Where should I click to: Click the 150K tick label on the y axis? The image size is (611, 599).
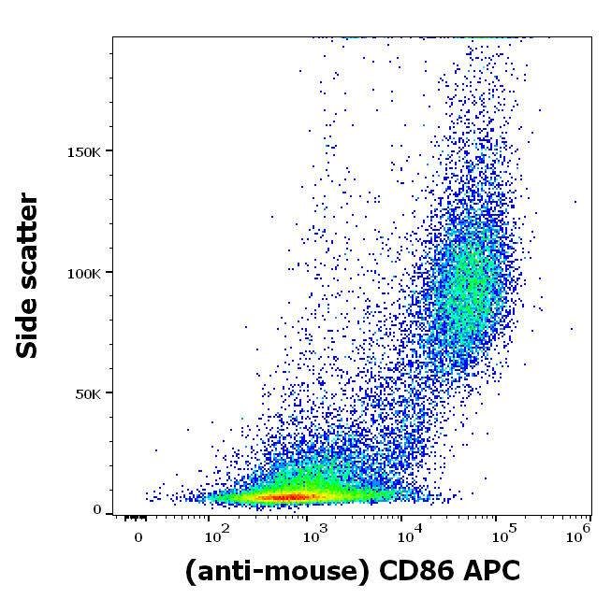click(x=84, y=151)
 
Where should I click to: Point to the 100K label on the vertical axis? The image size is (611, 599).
click(x=84, y=273)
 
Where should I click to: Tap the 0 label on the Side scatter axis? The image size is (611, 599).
click(x=96, y=510)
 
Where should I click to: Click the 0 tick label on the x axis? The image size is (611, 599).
click(x=138, y=537)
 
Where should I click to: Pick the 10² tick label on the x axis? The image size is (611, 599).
click(x=216, y=535)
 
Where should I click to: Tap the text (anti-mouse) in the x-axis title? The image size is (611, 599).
click(x=271, y=569)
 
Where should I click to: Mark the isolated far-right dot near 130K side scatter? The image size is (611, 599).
click(x=575, y=201)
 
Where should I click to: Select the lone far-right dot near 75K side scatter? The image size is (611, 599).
click(x=572, y=329)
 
